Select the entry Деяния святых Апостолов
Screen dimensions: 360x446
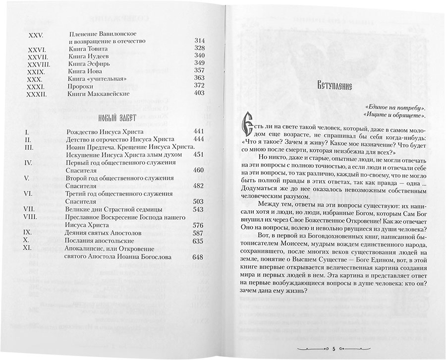coord(103,232)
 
